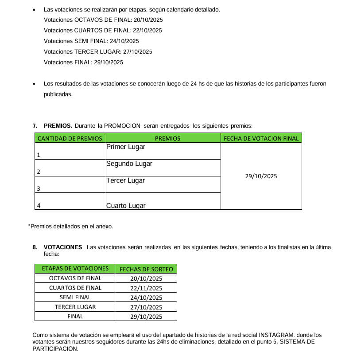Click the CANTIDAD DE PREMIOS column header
70,138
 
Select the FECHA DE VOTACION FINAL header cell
261,138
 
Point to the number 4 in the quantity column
39,206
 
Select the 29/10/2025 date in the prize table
261,176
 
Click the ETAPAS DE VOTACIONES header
75,269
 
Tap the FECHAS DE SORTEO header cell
146,269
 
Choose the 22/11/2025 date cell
146,288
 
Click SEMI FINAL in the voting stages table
75,297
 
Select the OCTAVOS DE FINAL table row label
75,278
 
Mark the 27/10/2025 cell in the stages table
146,307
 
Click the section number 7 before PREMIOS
35,126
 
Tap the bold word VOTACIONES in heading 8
63,247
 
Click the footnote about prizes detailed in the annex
70,226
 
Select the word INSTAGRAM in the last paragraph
276,335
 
